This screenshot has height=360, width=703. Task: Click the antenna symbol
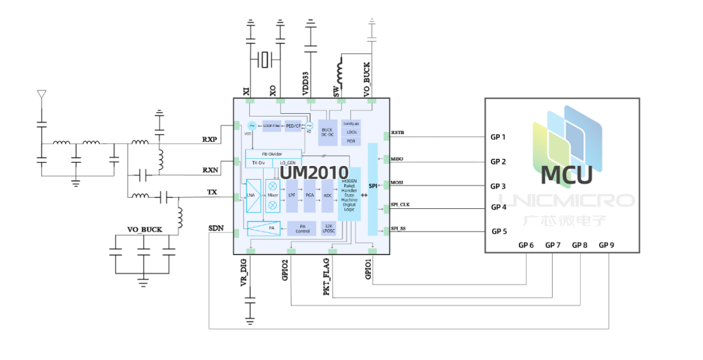(41, 96)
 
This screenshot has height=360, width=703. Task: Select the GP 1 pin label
(498, 137)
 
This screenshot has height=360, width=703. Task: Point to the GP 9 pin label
(606, 245)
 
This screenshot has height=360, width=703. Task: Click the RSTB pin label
(398, 133)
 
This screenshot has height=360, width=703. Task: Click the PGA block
(309, 195)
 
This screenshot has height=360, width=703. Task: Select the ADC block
(327, 195)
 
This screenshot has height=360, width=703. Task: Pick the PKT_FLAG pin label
(327, 277)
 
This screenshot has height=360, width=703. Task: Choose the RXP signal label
(210, 139)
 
